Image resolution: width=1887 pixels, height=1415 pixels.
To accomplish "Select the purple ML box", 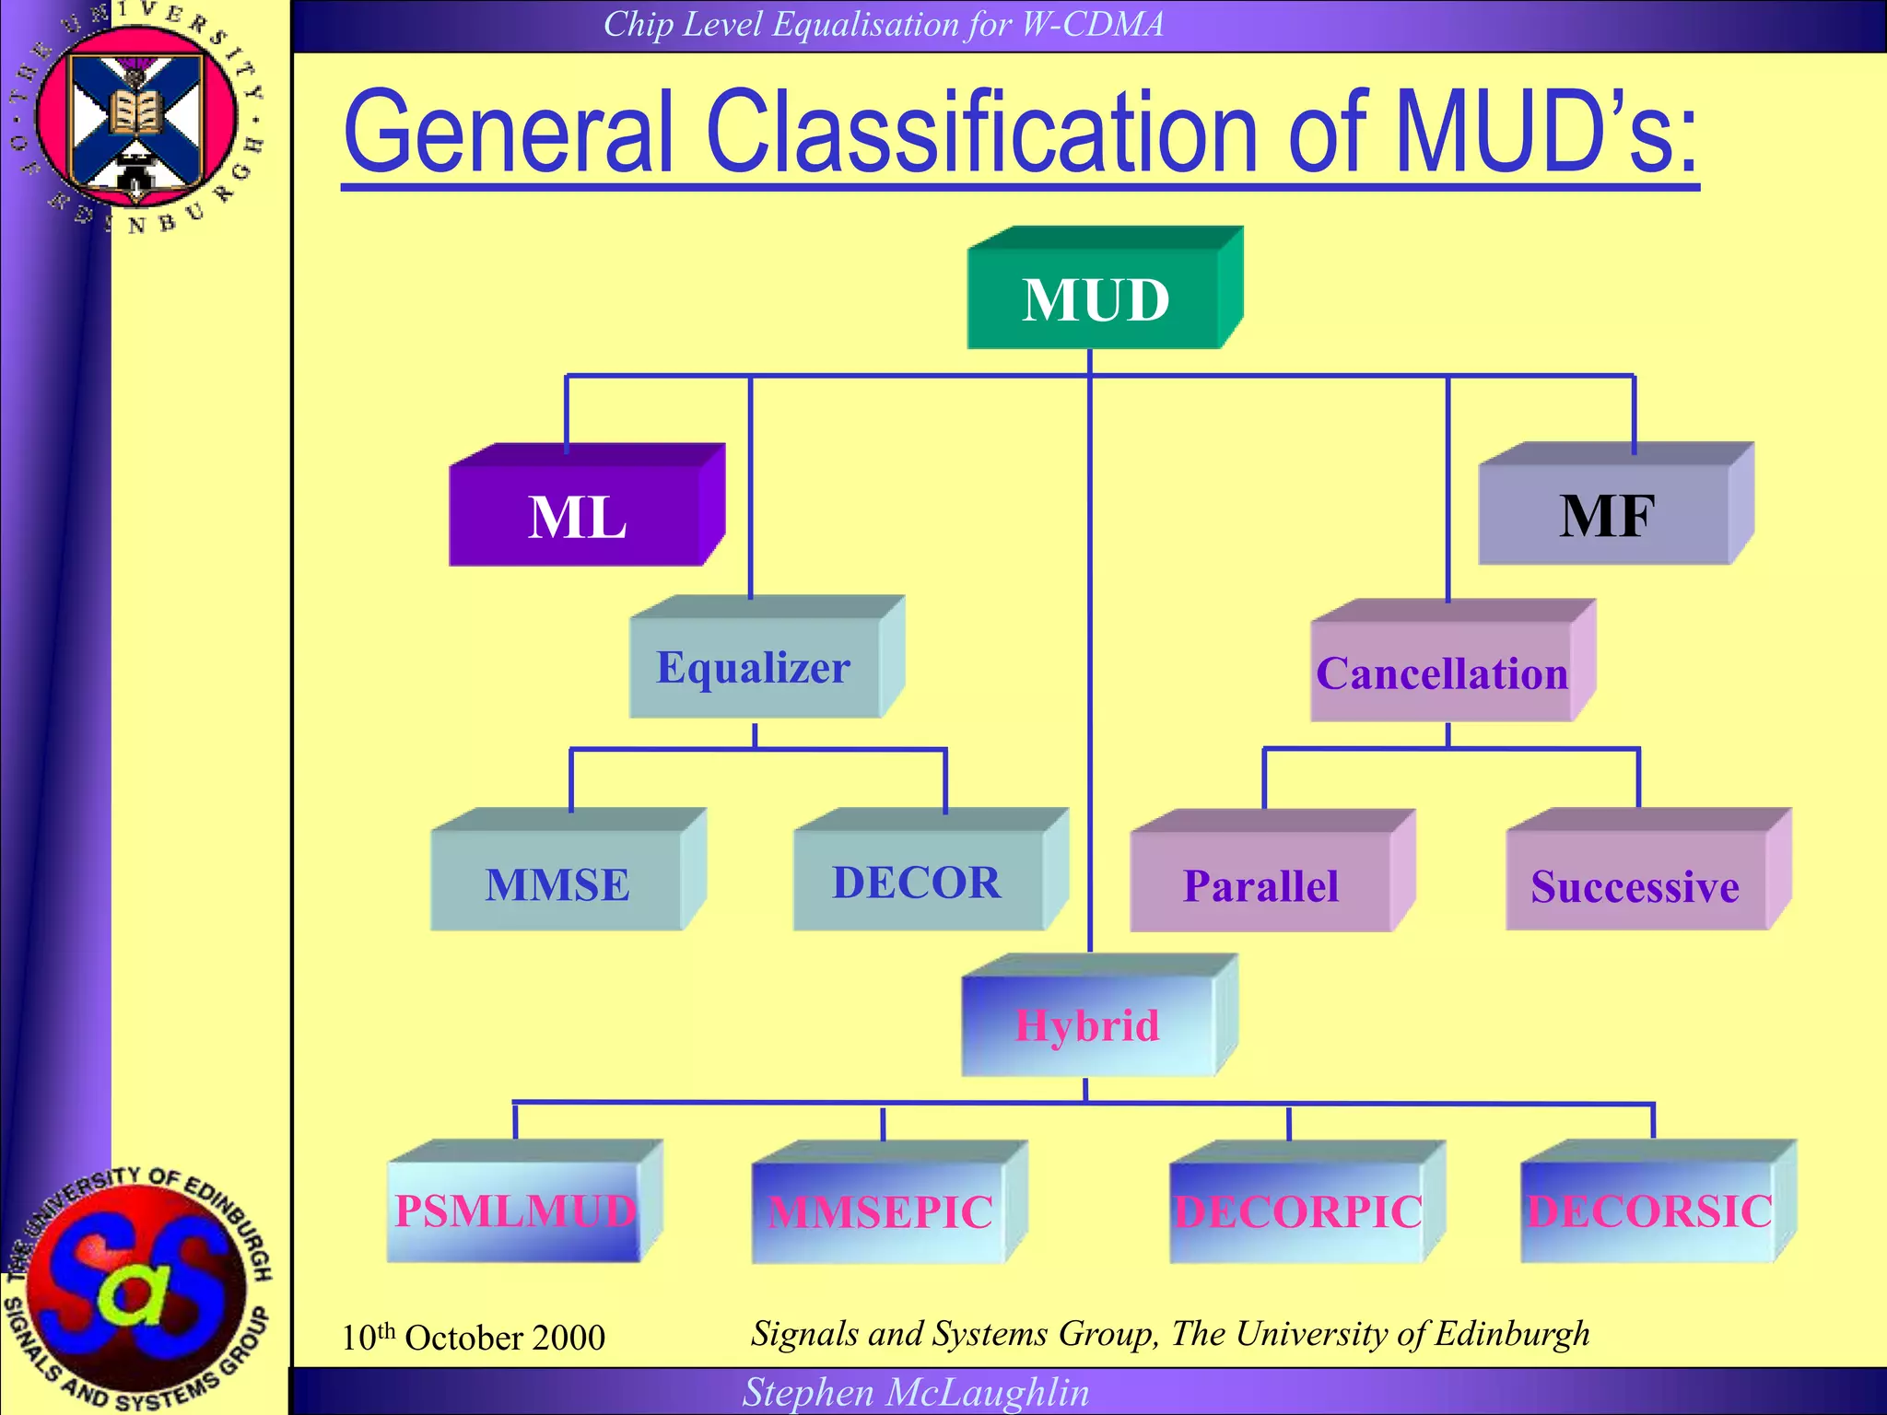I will pos(577,516).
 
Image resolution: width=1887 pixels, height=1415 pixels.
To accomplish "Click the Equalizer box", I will pos(754,667).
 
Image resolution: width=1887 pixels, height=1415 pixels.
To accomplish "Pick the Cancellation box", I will pos(1442,672).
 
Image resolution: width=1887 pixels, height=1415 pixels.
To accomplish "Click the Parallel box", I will pos(1260,884).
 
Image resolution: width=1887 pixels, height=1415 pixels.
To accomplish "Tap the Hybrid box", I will pos(1088,1024).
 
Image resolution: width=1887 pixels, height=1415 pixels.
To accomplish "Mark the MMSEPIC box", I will pos(880,1211).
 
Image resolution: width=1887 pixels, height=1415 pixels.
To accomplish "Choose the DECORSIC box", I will pos(1649,1210).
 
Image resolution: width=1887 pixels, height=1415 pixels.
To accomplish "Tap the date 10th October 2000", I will pos(474,1337).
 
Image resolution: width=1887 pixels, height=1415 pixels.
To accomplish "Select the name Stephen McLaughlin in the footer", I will pos(916,1392).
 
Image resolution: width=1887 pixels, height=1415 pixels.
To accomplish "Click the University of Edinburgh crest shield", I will pos(136,120).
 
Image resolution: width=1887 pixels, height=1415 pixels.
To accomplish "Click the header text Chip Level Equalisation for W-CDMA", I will pos(883,24).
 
